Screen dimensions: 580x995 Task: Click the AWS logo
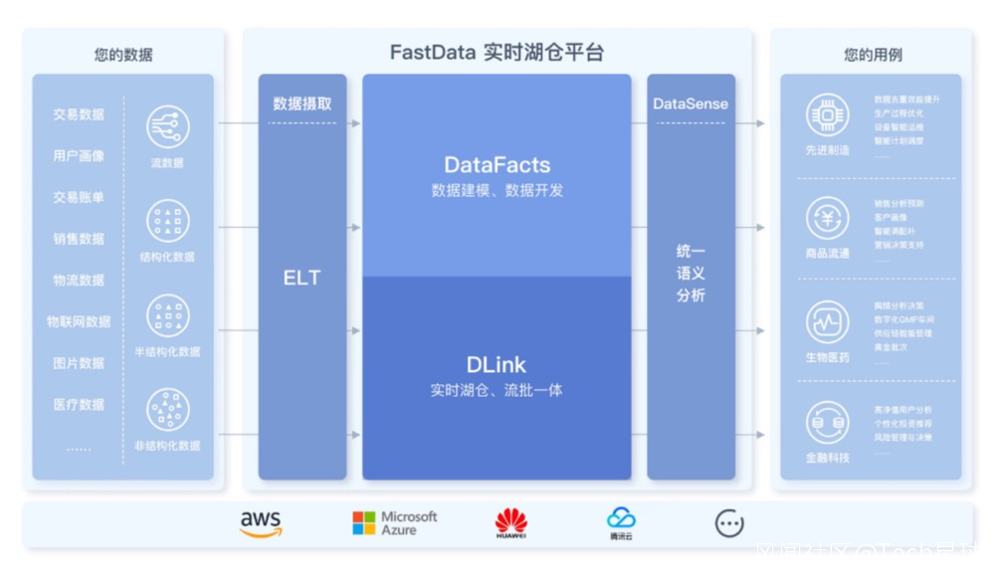[261, 523]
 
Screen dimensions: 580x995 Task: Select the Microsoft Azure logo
[395, 523]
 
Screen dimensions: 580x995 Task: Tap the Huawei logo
[511, 522]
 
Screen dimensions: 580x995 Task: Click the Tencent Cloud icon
[621, 521]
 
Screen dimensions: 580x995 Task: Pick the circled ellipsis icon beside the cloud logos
[729, 523]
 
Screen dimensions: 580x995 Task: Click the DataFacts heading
[497, 165]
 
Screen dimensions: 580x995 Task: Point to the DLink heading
[497, 365]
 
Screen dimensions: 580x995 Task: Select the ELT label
[301, 278]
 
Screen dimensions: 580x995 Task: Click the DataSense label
[691, 103]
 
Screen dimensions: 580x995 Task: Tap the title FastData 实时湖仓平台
[497, 53]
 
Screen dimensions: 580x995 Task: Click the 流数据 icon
[168, 127]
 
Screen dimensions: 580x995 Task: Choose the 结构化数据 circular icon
[168, 221]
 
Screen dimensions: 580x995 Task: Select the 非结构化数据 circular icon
[168, 410]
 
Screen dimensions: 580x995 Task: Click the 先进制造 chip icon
[827, 115]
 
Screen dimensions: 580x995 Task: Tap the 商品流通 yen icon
[827, 218]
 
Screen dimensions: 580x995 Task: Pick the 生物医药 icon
[827, 322]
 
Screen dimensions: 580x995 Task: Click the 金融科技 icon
[827, 423]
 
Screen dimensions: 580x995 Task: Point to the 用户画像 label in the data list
[79, 156]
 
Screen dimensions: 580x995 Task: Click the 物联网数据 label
[79, 321]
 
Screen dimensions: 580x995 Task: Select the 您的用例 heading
[873, 55]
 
